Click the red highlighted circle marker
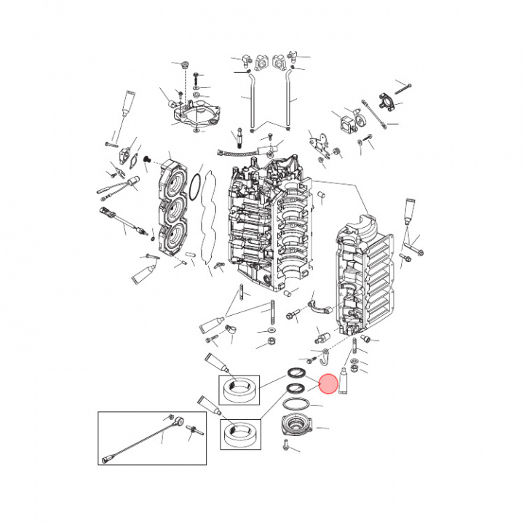pyautogui.click(x=328, y=384)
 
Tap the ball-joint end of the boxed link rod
pyautogui.click(x=180, y=421)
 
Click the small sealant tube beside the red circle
pyautogui.click(x=346, y=381)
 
